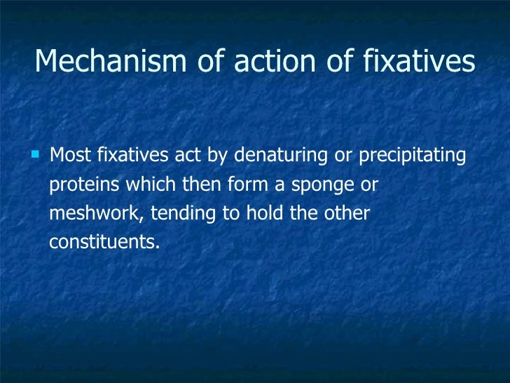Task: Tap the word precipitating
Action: click(x=412, y=155)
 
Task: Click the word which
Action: click(x=144, y=184)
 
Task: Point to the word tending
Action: click(x=180, y=213)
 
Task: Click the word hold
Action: click(x=265, y=213)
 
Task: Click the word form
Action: click(x=243, y=184)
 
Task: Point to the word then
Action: click(x=196, y=184)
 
